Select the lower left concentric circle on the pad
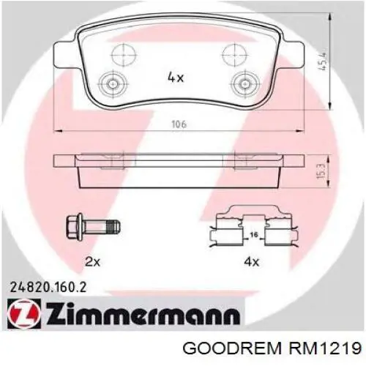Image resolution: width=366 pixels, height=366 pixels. (112, 82)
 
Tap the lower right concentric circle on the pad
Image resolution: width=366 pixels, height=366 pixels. (241, 82)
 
